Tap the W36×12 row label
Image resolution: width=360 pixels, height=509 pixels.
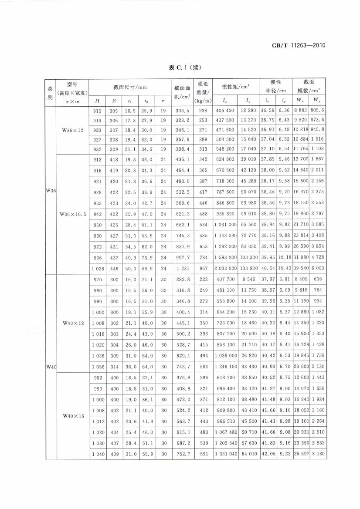click(72, 130)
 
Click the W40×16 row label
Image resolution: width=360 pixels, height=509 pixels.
click(72, 416)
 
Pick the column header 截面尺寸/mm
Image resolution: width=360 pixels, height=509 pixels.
click(129, 88)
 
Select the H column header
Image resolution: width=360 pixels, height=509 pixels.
click(98, 101)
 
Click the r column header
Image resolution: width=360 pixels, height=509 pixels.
click(163, 101)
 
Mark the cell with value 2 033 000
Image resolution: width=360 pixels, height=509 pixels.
click(226, 269)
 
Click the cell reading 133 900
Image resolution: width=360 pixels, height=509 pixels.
click(248, 269)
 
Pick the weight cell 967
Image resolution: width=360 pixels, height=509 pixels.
click(203, 269)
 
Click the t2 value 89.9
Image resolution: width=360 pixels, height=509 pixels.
click(146, 269)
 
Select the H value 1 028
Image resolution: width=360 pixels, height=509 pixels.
click(98, 269)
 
